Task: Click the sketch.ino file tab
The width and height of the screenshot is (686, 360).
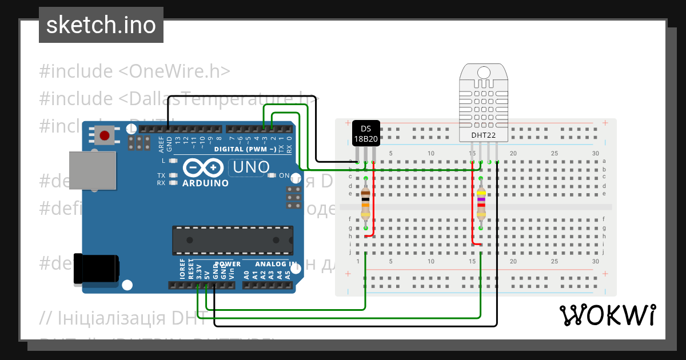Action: pos(101,25)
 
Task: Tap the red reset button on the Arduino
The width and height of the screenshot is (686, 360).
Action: pos(105,135)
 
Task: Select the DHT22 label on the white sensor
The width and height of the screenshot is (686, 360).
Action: pos(483,135)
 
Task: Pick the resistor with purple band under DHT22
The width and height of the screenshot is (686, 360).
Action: pos(481,204)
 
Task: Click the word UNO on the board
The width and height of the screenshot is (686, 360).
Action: pos(249,167)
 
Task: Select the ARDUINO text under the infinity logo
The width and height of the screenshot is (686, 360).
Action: pos(205,183)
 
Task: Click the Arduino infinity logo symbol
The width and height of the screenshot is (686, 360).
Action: pos(204,167)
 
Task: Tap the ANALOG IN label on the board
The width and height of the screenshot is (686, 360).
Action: pos(276,264)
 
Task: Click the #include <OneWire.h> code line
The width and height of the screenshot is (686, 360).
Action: pos(135,71)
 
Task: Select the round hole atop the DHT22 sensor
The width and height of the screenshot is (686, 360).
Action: pos(484,73)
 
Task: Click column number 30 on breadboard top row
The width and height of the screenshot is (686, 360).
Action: pos(595,153)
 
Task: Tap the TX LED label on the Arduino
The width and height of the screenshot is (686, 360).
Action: pos(161,175)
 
